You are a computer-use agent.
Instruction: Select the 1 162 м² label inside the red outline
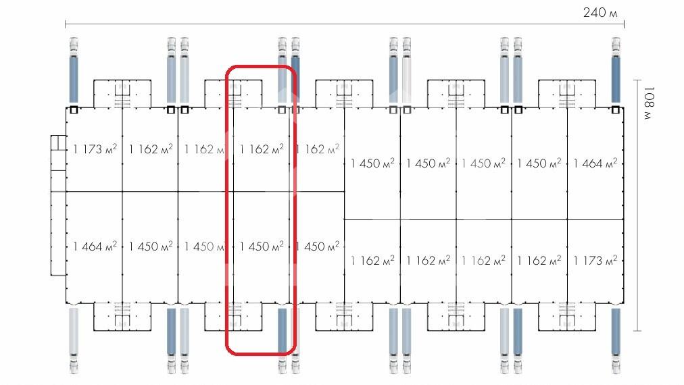[262, 149]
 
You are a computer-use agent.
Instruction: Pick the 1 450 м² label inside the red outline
[262, 247]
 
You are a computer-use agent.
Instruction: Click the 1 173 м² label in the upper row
[95, 149]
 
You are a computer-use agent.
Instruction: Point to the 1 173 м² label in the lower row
[595, 260]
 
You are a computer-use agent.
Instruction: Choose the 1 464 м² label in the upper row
[595, 163]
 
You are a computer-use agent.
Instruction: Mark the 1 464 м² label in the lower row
[95, 247]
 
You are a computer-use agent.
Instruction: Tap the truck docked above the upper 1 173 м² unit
[74, 71]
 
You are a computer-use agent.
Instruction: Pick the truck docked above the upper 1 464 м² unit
[616, 71]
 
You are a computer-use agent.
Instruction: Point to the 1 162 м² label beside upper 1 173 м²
[151, 149]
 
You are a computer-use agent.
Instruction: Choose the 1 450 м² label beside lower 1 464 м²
[151, 247]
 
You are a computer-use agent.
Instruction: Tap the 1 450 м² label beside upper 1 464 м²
[539, 163]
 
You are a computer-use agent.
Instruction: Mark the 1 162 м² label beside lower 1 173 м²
[539, 260]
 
